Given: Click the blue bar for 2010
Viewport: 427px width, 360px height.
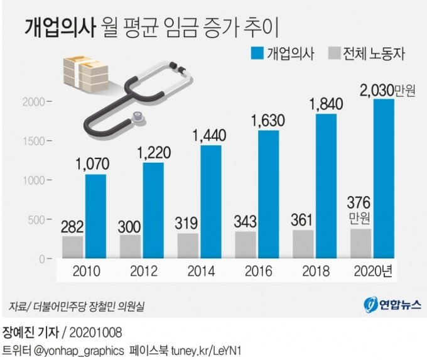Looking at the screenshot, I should point(95,216).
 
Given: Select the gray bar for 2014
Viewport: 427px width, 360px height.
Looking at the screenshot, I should point(187,246).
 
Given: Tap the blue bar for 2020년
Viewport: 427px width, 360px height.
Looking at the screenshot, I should point(384,178).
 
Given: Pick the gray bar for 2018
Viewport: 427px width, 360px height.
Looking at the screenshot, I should point(303,244).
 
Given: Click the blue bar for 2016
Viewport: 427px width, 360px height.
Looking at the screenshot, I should point(268,194).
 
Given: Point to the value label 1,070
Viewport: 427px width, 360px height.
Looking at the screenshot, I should point(92,165).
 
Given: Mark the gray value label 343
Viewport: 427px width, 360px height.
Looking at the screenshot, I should point(246,222).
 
